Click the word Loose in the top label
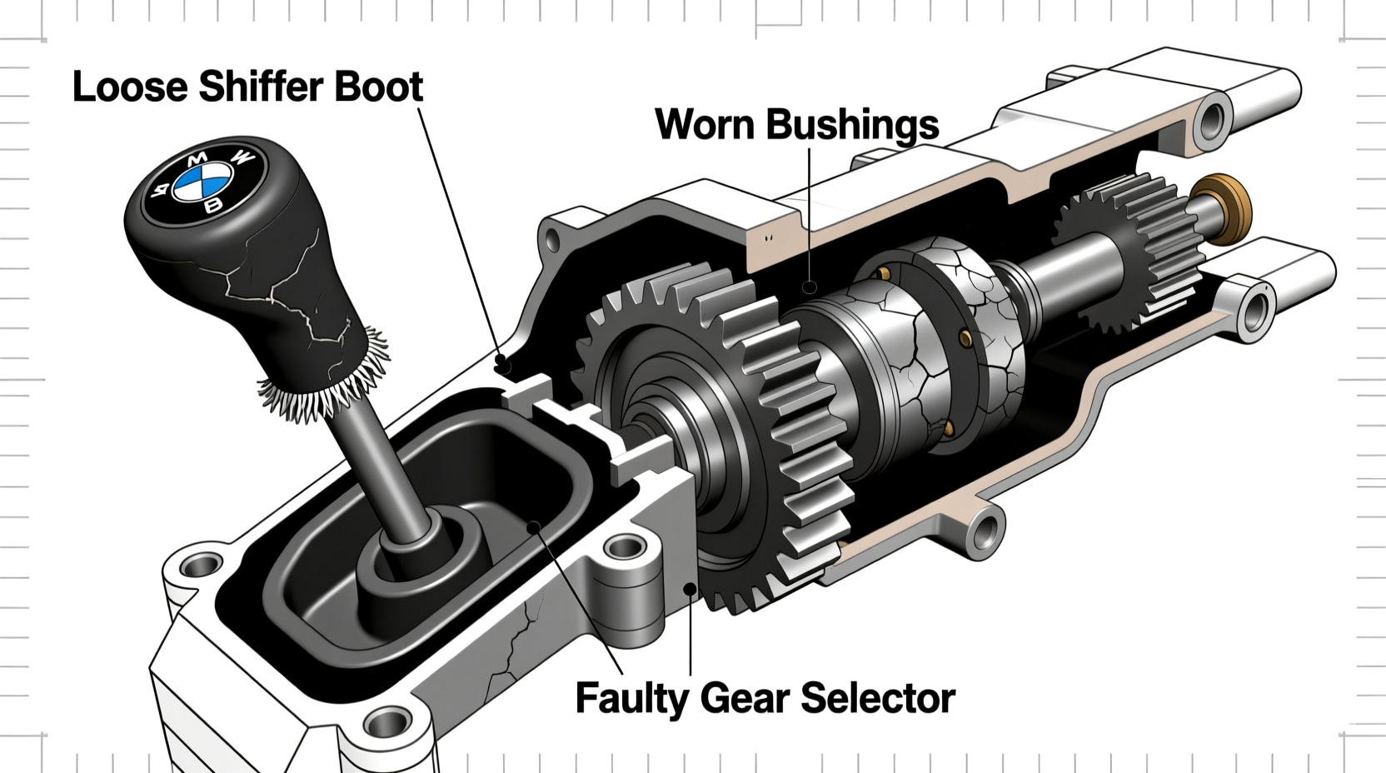131,87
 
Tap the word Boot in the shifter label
378,87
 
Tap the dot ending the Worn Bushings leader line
809,288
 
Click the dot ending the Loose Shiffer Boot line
501,362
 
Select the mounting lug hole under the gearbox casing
986,528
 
